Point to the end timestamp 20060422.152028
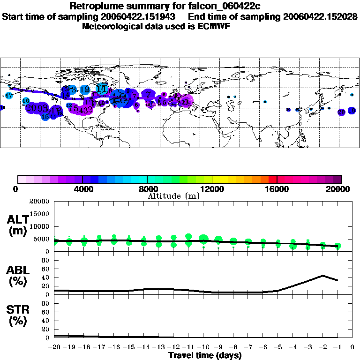tap(321, 16)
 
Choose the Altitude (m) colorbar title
tap(173, 196)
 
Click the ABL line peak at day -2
tap(323, 276)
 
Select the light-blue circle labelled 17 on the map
tap(9, 95)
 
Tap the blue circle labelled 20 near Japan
tap(341, 112)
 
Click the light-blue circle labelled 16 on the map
tap(26, 101)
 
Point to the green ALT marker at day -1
tap(337, 246)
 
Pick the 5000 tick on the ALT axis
tap(42, 239)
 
